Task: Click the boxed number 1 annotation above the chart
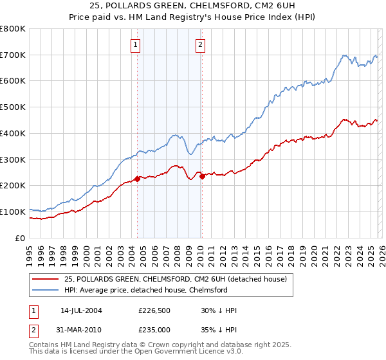coord(136,44)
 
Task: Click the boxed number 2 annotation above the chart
coord(201,44)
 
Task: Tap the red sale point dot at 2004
coord(137,179)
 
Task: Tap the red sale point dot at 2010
coord(202,176)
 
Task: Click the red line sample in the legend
coord(46,278)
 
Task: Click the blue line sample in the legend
coord(46,290)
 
